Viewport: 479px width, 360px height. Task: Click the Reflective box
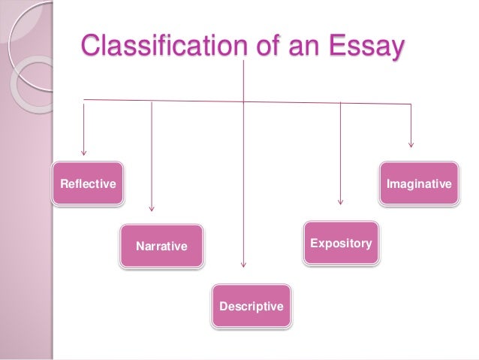88,183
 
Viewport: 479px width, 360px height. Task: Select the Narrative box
161,246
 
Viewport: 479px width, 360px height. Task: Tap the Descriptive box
251,306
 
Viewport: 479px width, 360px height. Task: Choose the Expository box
341,244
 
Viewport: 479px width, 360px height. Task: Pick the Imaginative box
418,183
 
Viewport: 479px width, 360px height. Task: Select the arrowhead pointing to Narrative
152,207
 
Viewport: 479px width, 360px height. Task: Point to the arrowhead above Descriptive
244,264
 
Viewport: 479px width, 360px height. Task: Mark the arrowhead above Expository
341,201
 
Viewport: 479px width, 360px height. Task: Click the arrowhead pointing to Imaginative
411,145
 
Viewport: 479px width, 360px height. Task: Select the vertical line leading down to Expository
341,150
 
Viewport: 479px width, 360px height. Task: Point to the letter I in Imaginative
387,183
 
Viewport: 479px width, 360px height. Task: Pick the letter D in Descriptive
222,307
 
